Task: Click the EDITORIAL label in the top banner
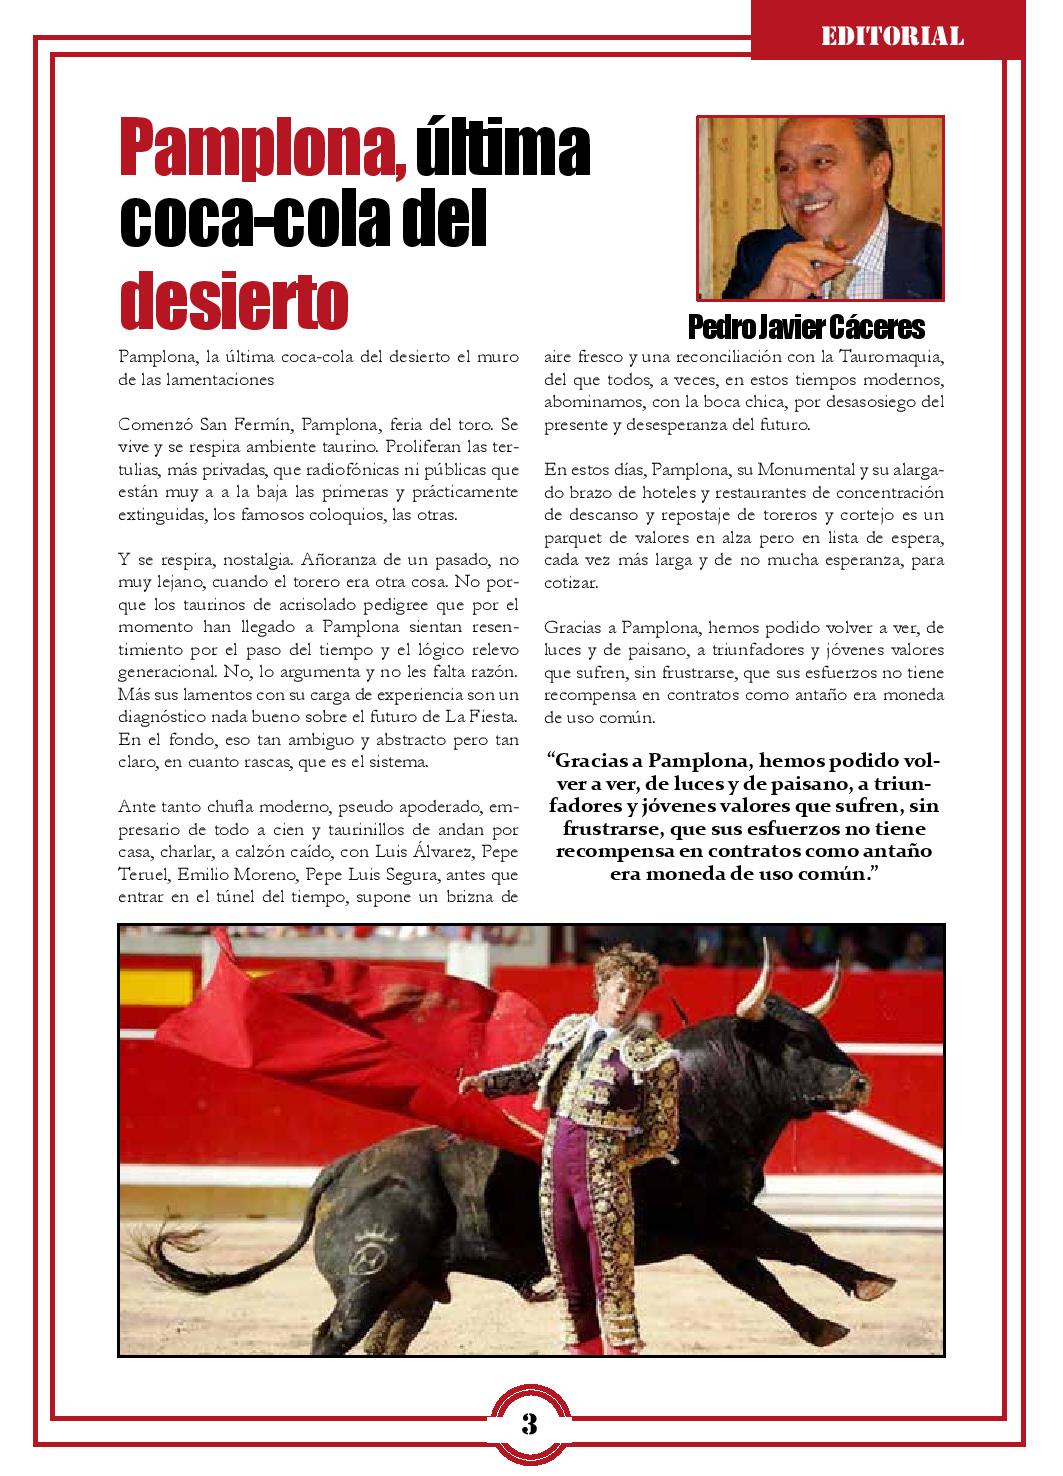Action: pos(892,37)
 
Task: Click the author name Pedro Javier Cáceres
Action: pos(806,328)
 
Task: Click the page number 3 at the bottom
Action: pos(530,1424)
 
